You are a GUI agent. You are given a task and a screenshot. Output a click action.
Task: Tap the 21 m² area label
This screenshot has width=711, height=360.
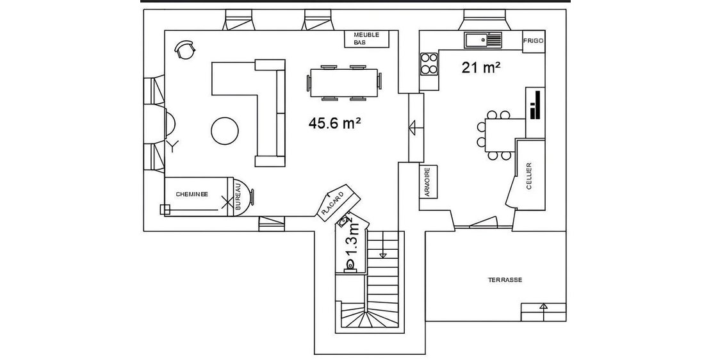tap(481, 67)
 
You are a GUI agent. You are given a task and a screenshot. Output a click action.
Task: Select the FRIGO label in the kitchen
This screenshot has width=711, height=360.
tap(533, 41)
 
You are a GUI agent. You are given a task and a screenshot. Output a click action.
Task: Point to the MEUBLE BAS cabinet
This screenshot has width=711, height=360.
tap(372, 38)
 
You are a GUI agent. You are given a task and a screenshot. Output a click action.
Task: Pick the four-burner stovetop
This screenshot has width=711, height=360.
tap(429, 63)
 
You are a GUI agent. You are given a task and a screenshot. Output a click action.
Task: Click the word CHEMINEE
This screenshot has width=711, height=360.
tap(192, 194)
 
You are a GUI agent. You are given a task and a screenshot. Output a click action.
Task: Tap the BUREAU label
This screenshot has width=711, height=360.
tap(238, 196)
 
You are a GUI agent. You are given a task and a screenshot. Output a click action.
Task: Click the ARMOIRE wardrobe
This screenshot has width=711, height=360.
tap(428, 181)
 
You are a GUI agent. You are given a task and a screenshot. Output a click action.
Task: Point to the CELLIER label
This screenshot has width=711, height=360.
tap(528, 177)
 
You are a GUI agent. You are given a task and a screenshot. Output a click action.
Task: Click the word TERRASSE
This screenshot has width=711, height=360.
tap(505, 280)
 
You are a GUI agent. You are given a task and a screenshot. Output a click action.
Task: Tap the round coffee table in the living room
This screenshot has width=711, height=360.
tap(224, 131)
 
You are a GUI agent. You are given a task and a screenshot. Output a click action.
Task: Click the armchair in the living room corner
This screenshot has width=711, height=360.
tap(184, 49)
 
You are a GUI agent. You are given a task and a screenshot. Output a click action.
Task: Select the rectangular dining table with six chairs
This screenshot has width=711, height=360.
tap(344, 83)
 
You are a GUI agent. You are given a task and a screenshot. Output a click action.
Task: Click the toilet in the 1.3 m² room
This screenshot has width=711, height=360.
tap(350, 266)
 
